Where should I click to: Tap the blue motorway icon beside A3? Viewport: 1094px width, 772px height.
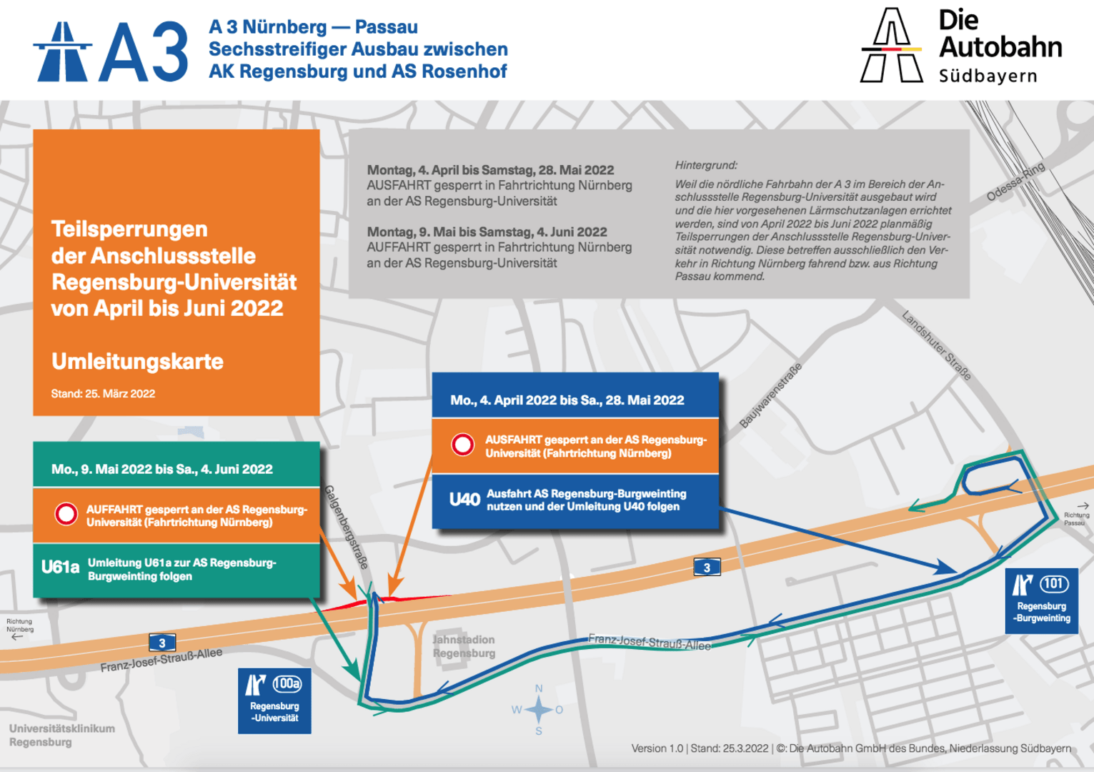(62, 51)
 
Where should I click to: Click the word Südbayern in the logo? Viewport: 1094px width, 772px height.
(988, 76)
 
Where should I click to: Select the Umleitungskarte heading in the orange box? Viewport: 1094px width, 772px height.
(137, 362)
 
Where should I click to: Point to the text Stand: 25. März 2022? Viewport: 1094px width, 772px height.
(103, 394)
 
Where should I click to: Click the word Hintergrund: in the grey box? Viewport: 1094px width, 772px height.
(706, 165)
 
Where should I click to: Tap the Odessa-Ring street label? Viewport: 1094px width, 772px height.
(1015, 182)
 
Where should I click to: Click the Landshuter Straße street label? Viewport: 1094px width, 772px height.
(936, 345)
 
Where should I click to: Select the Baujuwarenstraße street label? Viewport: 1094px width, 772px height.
(770, 395)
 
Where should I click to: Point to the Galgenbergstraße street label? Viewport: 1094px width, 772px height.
(347, 527)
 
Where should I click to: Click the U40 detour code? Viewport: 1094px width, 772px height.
(464, 500)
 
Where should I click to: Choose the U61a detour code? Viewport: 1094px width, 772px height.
(60, 568)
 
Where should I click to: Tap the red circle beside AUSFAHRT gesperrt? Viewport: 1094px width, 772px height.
(463, 445)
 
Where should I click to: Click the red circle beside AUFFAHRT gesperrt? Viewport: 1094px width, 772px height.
(66, 514)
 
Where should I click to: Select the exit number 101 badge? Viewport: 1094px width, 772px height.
(1054, 584)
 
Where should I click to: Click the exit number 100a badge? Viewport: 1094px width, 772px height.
(287, 684)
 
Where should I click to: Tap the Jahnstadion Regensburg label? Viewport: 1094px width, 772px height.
(464, 646)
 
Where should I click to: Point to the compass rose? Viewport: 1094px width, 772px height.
(539, 710)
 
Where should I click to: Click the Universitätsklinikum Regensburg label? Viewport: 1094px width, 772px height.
(62, 735)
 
